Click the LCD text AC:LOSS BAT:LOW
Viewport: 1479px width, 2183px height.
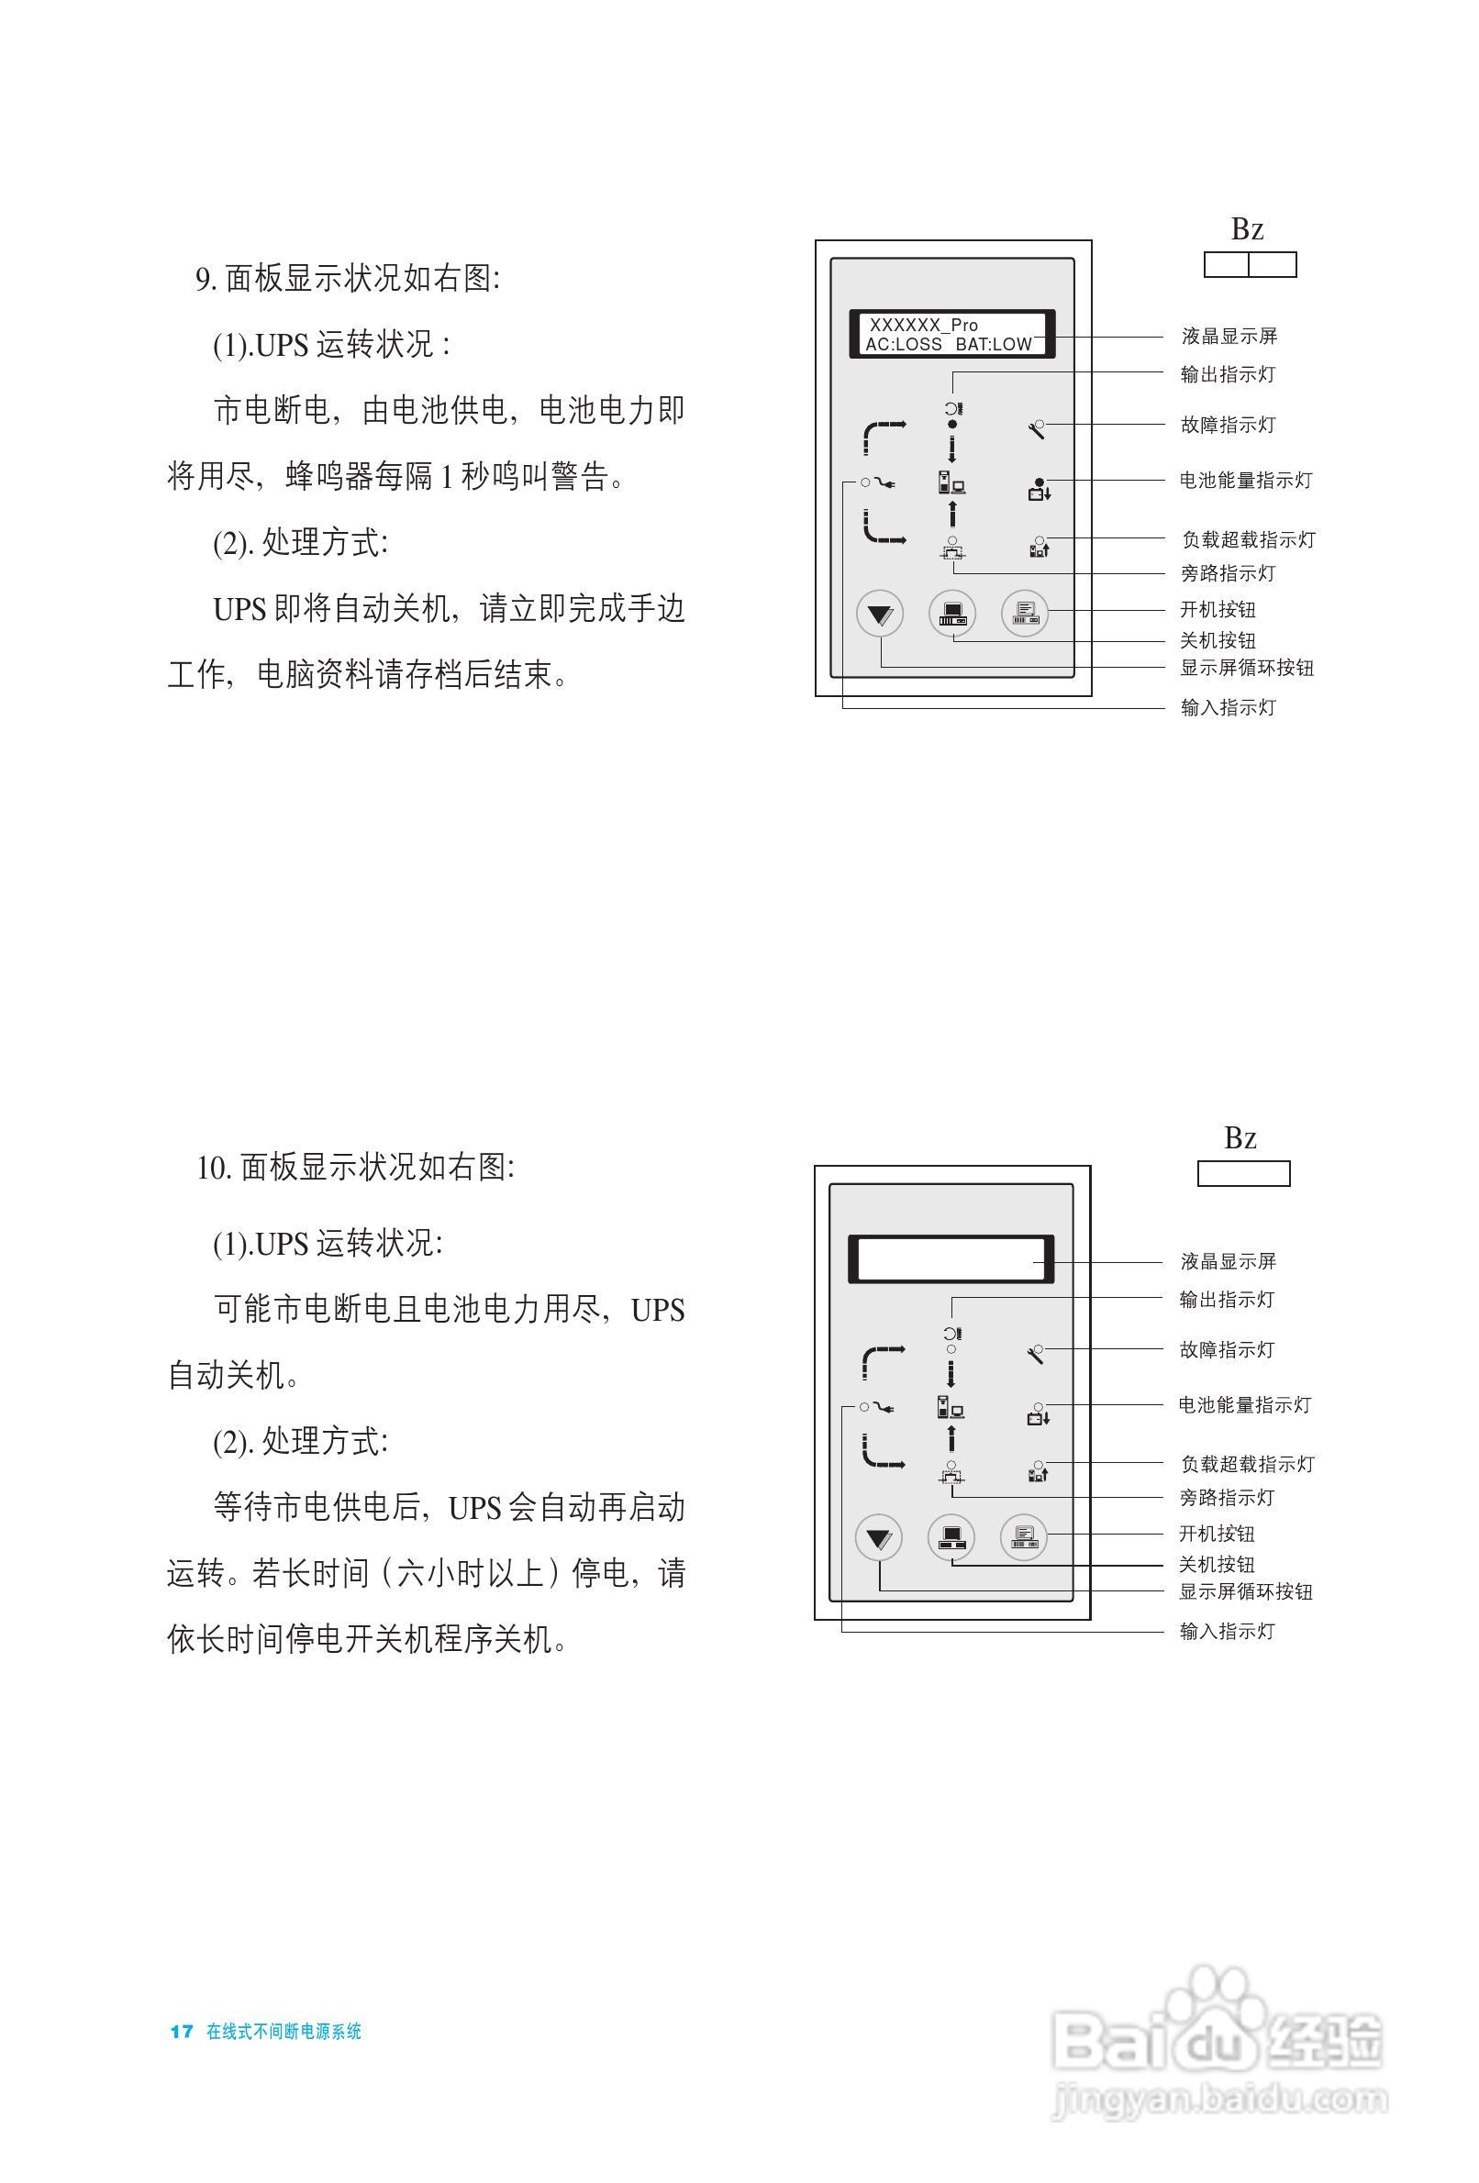tap(948, 345)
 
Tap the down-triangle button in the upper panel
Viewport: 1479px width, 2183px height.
tap(880, 615)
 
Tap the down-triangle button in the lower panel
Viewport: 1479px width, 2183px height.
tap(879, 1538)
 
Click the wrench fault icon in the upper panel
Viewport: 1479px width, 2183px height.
tap(1037, 430)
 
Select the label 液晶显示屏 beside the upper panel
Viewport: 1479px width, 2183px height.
tap(1229, 336)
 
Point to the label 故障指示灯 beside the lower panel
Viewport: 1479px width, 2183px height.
tap(1228, 1350)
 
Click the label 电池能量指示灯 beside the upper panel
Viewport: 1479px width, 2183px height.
tap(1246, 480)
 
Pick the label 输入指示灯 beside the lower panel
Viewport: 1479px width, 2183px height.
tap(1228, 1632)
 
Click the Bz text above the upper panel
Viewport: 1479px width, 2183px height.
tap(1247, 228)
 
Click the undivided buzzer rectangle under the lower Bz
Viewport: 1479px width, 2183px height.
tap(1243, 1173)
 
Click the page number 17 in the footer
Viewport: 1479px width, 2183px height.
tap(182, 2031)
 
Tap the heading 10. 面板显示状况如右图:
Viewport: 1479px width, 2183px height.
tap(355, 1168)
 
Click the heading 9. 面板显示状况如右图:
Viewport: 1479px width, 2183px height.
tap(348, 279)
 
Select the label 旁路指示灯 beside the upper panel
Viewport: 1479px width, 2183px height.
tap(1229, 573)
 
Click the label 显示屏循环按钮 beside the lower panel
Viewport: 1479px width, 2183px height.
tap(1246, 1591)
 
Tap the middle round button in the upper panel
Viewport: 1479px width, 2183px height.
tap(951, 615)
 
